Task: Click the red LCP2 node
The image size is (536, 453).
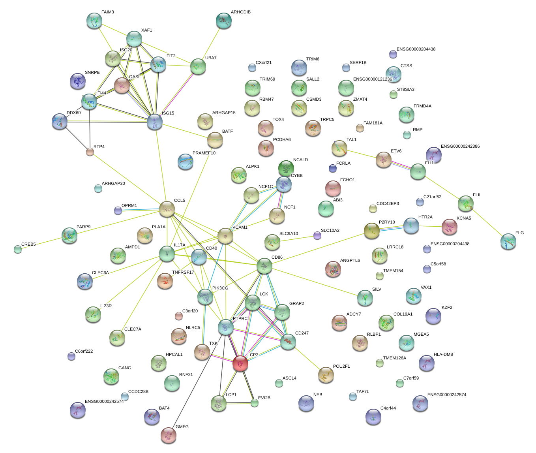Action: (240, 363)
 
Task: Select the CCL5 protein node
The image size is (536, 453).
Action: (167, 209)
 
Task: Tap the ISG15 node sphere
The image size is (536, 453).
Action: (154, 122)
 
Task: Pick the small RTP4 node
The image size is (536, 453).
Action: (90, 152)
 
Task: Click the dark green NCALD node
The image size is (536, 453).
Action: (286, 168)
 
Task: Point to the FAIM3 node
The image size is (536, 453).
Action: (94, 21)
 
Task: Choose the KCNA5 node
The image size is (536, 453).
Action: (449, 226)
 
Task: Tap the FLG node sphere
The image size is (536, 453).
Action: (508, 242)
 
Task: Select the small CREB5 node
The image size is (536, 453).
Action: (18, 249)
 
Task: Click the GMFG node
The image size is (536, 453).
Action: (169, 435)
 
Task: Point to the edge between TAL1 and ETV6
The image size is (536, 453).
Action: (361, 154)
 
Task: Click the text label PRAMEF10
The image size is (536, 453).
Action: (204, 153)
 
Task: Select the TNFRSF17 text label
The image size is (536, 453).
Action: (183, 273)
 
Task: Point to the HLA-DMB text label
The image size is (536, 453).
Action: (443, 355)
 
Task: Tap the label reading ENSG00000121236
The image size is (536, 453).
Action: (372, 79)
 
